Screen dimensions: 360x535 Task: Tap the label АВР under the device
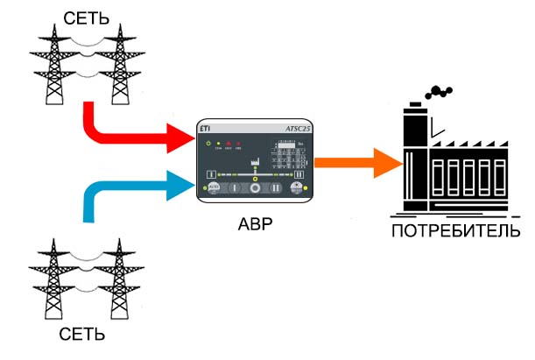pyautogui.click(x=255, y=223)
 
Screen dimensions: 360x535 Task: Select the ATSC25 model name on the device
pyautogui.click(x=299, y=129)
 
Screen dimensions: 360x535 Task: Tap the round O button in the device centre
pyautogui.click(x=255, y=187)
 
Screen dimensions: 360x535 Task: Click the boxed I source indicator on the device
pyautogui.click(x=211, y=174)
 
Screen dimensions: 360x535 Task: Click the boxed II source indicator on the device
pyautogui.click(x=299, y=174)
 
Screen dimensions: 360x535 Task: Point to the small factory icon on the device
pyautogui.click(x=257, y=161)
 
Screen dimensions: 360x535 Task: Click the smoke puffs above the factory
pyautogui.click(x=440, y=90)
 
